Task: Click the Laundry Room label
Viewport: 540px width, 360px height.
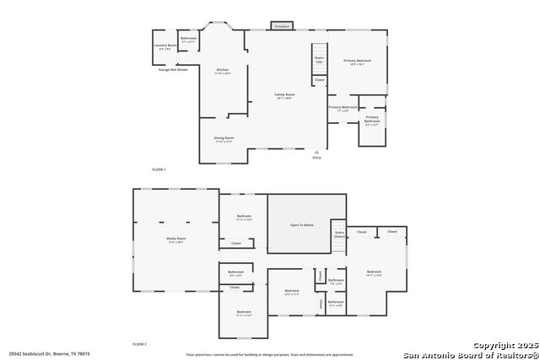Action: coord(165,46)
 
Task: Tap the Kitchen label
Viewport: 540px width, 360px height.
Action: coord(223,71)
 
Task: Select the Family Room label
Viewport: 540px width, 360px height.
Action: coord(284,95)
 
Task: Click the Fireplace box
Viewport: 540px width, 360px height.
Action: coord(282,26)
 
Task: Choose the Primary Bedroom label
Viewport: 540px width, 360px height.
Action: coord(357,62)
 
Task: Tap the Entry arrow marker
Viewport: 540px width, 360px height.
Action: coord(316,152)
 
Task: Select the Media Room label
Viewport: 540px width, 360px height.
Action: coord(175,240)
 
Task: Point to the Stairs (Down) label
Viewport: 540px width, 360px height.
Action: coord(339,235)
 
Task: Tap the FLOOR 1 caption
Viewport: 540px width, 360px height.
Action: coord(159,169)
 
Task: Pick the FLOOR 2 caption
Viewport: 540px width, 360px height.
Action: coord(139,344)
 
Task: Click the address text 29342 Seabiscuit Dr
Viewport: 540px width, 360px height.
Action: coord(50,354)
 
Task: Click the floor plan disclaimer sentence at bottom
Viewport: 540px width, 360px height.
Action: coord(270,355)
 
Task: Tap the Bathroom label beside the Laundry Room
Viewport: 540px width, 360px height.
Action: coord(188,39)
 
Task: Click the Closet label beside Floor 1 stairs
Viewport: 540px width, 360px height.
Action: coord(319,80)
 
